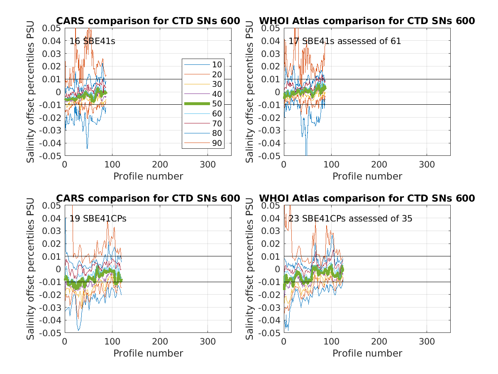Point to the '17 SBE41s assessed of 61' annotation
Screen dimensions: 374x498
tap(345, 41)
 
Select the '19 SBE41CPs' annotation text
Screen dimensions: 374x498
tap(98, 219)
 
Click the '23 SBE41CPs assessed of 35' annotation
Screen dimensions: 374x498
tap(350, 219)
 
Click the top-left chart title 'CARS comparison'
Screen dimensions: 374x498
tap(148, 21)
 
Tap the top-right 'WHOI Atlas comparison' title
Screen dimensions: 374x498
tap(367, 21)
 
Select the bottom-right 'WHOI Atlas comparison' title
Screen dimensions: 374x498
tap(367, 199)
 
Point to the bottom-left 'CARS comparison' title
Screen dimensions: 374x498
tap(148, 199)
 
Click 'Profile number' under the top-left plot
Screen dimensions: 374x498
tap(148, 176)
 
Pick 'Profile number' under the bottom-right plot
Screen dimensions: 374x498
tap(367, 353)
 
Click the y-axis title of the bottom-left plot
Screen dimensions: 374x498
tap(31, 269)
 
